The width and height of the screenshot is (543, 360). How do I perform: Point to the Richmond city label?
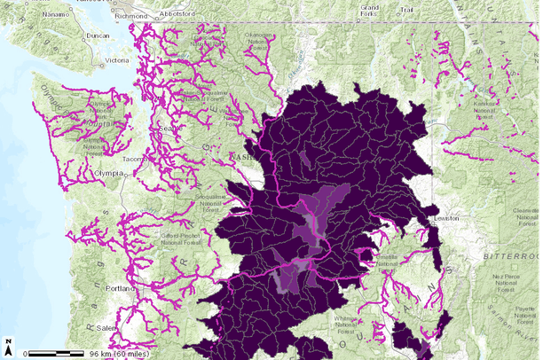(x=132, y=15)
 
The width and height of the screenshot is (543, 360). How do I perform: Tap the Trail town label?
(x=406, y=11)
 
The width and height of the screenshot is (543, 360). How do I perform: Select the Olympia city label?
(x=107, y=174)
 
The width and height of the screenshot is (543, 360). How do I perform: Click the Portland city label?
(x=119, y=288)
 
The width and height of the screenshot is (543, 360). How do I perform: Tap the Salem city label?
(x=106, y=327)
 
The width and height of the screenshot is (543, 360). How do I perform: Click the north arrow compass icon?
(x=9, y=348)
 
